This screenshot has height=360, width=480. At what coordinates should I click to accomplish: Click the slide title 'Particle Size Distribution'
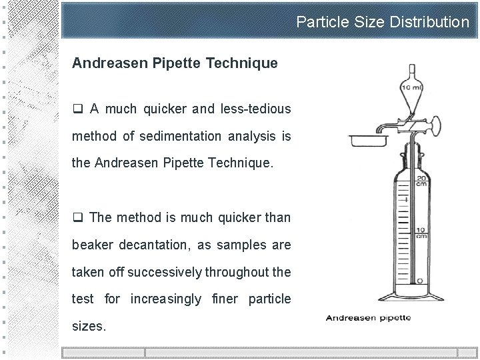pos(383,23)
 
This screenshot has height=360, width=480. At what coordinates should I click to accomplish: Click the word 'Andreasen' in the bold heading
pos(111,63)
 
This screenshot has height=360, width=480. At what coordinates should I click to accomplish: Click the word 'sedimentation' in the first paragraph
pos(176,137)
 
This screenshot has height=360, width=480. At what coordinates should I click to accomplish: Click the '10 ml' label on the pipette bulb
pos(410,87)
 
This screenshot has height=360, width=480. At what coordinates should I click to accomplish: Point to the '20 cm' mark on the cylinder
pos(421,182)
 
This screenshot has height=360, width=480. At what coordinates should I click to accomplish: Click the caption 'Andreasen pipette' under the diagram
pos(367,317)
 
